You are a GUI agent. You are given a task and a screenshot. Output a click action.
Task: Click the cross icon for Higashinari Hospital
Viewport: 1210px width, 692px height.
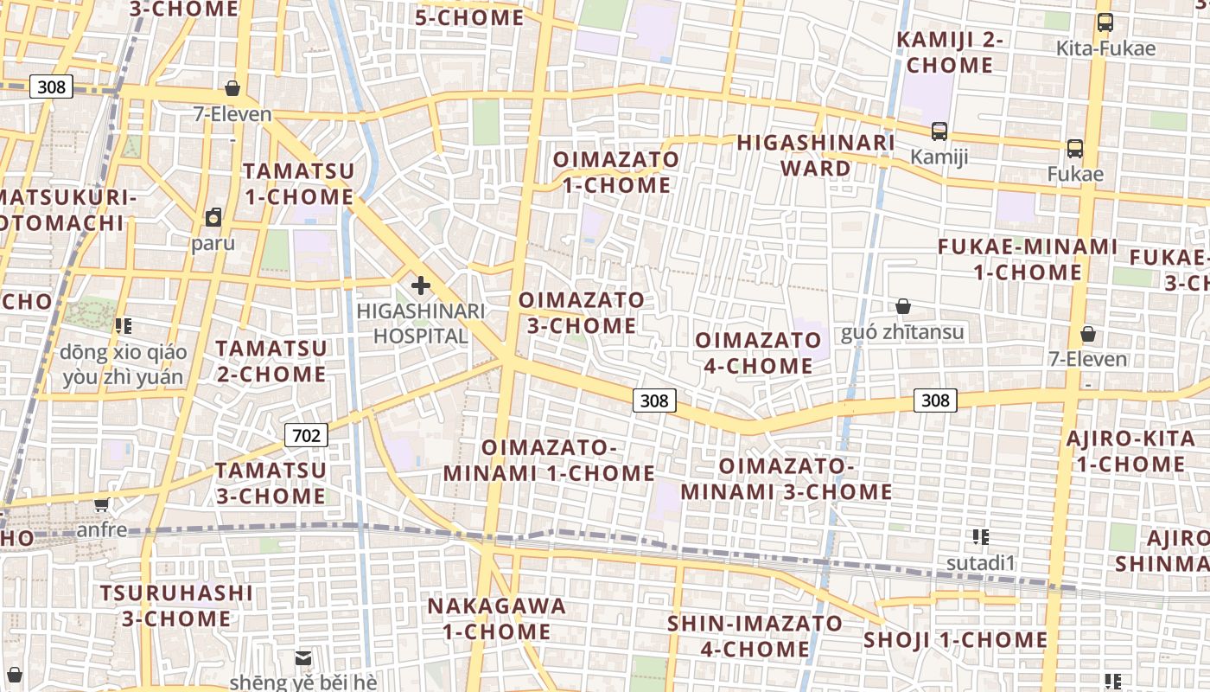coord(421,285)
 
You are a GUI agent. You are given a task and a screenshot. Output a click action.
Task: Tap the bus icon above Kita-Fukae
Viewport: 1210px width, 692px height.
coord(1105,22)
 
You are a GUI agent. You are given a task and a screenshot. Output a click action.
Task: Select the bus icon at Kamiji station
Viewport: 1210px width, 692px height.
coord(939,131)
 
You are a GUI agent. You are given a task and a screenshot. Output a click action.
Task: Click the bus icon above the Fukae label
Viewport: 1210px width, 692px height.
coord(1075,149)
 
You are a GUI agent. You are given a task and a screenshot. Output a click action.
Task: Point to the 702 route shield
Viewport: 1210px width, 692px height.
coord(306,435)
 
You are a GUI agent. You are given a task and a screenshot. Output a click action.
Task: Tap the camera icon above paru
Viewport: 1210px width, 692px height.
coord(213,217)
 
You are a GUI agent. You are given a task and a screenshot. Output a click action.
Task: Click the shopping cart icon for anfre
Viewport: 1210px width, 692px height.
coord(102,504)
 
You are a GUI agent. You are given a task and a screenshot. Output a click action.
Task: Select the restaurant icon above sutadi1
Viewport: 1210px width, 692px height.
coord(980,537)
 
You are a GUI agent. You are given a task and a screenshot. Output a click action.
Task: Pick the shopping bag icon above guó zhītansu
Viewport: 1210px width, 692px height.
coord(903,306)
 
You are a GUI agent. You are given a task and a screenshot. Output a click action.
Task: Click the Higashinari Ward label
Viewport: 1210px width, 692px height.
coord(815,155)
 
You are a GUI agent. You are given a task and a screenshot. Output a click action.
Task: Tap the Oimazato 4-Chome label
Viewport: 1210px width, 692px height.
coord(758,353)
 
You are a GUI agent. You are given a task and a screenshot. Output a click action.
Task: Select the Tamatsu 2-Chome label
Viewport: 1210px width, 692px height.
coord(271,362)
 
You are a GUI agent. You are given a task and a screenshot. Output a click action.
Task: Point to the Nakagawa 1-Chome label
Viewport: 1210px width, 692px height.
coord(497,618)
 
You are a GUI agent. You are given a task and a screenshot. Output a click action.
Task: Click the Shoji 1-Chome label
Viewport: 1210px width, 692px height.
coord(956,640)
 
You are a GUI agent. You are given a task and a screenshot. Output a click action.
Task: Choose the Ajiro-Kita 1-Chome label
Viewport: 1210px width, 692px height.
coord(1130,452)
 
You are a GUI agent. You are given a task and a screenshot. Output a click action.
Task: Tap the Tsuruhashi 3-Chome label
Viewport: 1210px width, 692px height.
coord(176,605)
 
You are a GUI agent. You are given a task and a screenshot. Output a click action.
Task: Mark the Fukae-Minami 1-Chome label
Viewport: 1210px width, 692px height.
coord(1028,259)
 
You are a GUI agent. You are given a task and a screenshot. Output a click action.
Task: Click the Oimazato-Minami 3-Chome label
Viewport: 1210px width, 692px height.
coord(786,479)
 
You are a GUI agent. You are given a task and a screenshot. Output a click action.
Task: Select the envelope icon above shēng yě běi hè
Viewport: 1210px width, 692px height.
coord(303,658)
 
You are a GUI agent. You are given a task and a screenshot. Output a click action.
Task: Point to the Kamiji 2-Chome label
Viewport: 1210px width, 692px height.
coord(950,52)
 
